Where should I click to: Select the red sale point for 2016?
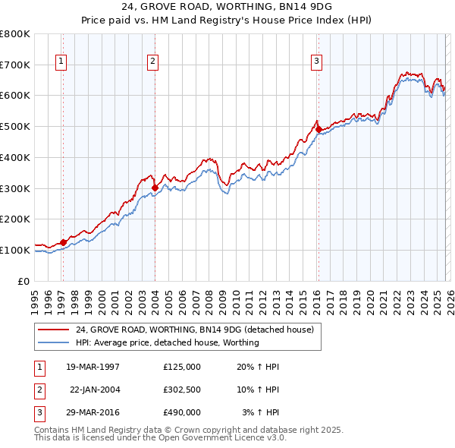pos(318,129)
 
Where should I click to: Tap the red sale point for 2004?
pos(155,187)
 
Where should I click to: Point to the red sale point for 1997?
pos(63,242)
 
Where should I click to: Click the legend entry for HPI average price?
pos(167,342)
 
